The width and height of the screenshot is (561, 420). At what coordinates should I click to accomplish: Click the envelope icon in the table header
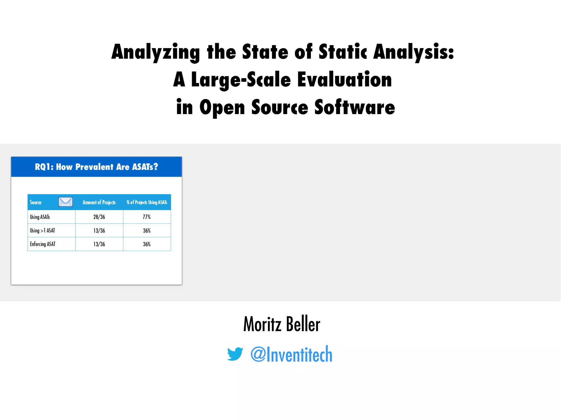point(65,202)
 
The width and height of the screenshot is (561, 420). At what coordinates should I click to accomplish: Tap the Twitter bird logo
point(235,354)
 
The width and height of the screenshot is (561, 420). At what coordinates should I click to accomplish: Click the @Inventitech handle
point(291,354)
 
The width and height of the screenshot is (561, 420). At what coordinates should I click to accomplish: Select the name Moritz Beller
point(282,324)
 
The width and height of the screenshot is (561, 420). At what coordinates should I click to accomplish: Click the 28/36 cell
point(99,217)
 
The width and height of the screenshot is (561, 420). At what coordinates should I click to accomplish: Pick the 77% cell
point(147,217)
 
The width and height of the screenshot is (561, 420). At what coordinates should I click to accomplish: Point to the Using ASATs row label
point(40,217)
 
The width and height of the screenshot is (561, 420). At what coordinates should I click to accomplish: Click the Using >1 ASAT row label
point(42,231)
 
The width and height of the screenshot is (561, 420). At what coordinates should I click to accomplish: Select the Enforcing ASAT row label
point(43,244)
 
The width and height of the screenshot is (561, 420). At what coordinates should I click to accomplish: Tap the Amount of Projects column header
point(99,202)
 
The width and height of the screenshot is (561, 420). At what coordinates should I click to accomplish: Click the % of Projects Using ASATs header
point(147,202)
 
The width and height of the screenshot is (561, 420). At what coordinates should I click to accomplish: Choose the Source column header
point(36,202)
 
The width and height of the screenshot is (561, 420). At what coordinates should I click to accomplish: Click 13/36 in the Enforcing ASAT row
point(99,244)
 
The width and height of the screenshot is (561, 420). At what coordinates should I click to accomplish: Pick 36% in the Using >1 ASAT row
point(147,231)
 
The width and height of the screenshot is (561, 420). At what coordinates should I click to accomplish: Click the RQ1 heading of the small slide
point(96,167)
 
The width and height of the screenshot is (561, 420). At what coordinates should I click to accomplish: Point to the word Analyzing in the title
point(156,52)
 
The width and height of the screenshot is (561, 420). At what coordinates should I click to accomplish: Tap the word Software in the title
point(355,107)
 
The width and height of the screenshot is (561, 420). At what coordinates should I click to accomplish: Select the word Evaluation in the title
point(345,80)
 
